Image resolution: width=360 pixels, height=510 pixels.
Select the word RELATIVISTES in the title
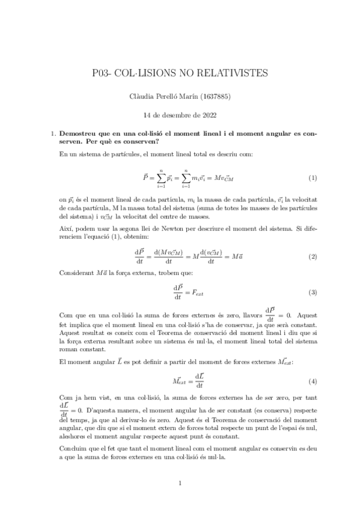point(237,73)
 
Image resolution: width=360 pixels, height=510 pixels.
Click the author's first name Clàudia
point(143,96)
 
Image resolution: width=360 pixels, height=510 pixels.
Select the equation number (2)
point(313,240)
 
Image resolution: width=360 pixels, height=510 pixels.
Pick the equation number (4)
point(313,381)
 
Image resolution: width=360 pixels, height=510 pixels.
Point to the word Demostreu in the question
point(76,134)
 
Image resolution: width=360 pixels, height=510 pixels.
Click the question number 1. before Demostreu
point(52,134)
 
